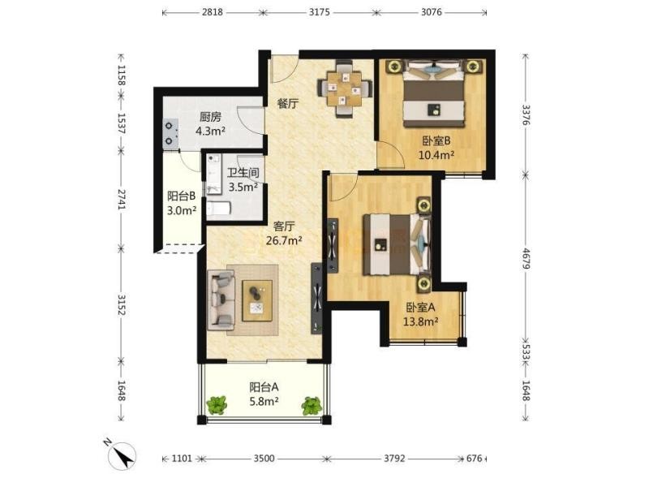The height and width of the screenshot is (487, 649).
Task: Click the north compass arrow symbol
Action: pyautogui.click(x=122, y=455)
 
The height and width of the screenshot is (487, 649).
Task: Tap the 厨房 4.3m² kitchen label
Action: pyautogui.click(x=210, y=124)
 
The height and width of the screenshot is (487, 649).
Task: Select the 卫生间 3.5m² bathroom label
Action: pyautogui.click(x=243, y=179)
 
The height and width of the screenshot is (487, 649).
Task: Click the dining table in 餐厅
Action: pyautogui.click(x=344, y=88)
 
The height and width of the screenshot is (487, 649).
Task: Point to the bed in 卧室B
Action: pyautogui.click(x=434, y=93)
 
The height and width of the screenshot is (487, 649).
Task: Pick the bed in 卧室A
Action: pyautogui.click(x=397, y=244)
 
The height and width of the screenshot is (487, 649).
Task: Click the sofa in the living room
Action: pyautogui.click(x=221, y=300)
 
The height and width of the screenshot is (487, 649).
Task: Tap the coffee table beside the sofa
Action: pyautogui.click(x=257, y=300)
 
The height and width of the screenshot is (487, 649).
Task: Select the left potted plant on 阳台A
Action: pyautogui.click(x=217, y=405)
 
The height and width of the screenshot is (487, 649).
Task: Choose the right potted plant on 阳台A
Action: pyautogui.click(x=312, y=406)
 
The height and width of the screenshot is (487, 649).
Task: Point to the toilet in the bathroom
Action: pyautogui.click(x=218, y=208)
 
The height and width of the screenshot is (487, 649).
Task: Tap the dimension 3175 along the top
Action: pyautogui.click(x=320, y=12)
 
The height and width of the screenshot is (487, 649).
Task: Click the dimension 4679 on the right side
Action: pyautogui.click(x=525, y=259)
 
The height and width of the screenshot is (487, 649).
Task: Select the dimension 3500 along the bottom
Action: pyautogui.click(x=264, y=458)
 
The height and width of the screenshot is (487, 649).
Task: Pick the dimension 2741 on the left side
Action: pyautogui.click(x=121, y=199)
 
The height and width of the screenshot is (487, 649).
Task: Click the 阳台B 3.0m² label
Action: pyautogui.click(x=181, y=203)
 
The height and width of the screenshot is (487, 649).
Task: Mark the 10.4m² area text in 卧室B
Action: pyautogui.click(x=436, y=155)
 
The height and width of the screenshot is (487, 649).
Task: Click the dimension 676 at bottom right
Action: pyautogui.click(x=475, y=458)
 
